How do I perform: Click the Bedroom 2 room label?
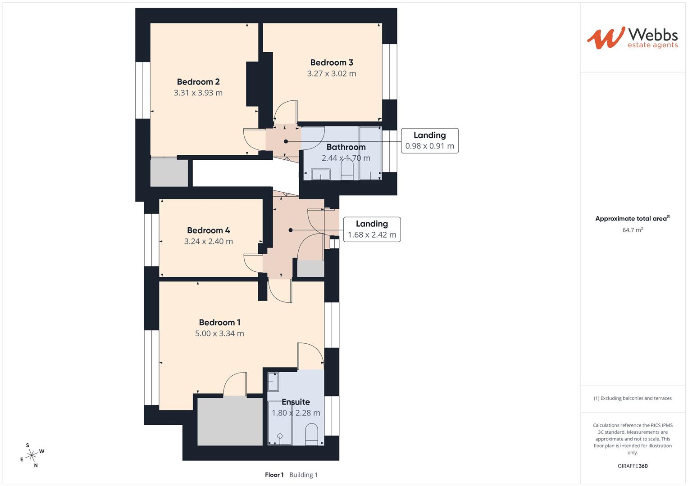(x=198, y=82)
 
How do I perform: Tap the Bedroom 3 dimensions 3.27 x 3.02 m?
(x=332, y=74)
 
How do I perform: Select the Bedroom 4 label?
(x=209, y=230)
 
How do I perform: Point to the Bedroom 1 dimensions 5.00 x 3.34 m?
(x=219, y=333)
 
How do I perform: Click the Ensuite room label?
(x=296, y=402)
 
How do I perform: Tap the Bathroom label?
(x=346, y=147)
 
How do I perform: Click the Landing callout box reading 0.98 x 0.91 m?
(x=429, y=141)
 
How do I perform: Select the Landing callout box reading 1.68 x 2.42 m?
(x=372, y=229)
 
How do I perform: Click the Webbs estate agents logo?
(x=632, y=38)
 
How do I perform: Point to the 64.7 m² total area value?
(x=633, y=230)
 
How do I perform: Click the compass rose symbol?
(x=32, y=455)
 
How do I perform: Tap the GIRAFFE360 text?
(x=633, y=466)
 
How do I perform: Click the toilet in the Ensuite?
(x=312, y=433)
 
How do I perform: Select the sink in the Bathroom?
(x=320, y=174)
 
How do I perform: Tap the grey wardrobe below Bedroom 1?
(x=230, y=422)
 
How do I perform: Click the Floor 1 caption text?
(x=274, y=475)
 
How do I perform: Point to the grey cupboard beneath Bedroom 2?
(x=169, y=172)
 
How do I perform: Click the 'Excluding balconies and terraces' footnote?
(x=633, y=398)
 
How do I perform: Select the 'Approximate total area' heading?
(x=631, y=219)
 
